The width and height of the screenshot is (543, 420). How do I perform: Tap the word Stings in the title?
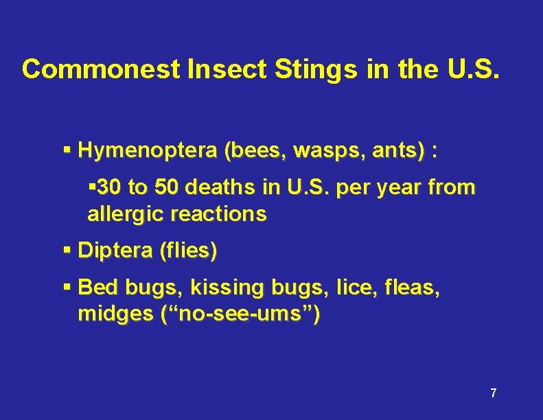click(x=316, y=69)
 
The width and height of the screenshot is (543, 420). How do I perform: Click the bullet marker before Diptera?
click(x=67, y=251)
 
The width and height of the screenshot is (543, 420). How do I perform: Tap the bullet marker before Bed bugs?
click(x=67, y=287)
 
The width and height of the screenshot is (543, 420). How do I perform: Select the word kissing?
click(x=224, y=287)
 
